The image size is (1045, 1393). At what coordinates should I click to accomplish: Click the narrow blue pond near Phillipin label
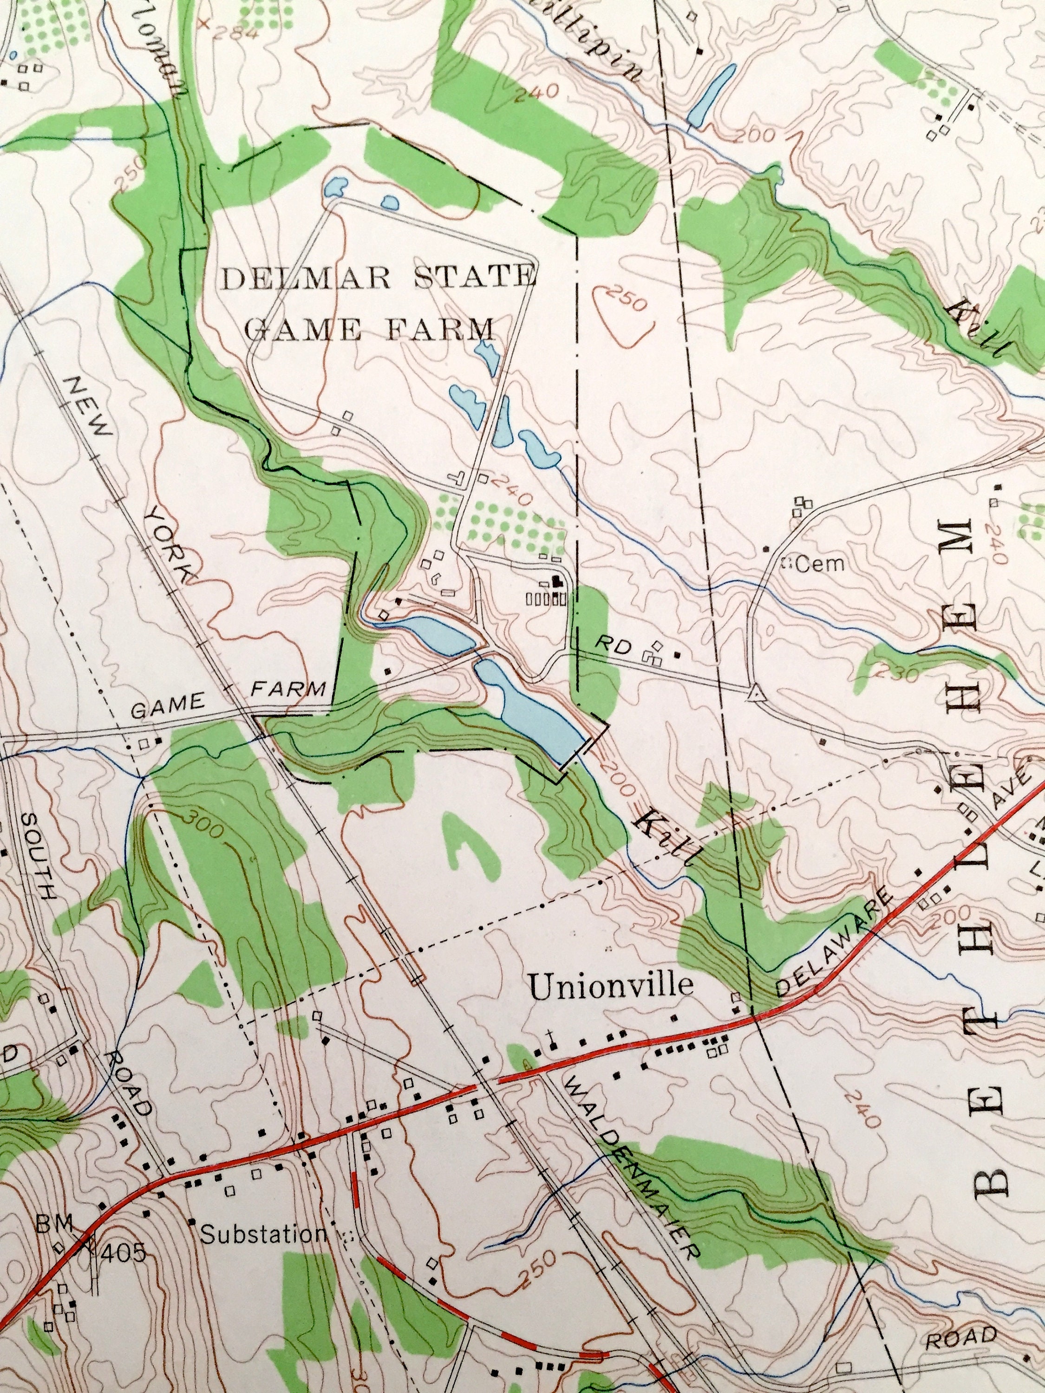711,94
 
